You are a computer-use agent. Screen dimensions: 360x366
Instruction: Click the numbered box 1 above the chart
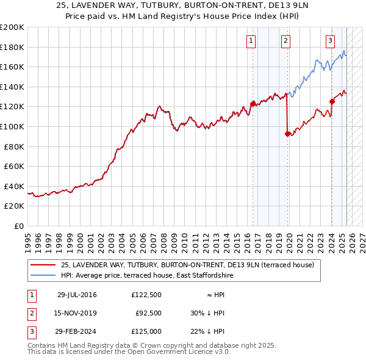click(251, 41)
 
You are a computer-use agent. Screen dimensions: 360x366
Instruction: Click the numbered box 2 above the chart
click(285, 41)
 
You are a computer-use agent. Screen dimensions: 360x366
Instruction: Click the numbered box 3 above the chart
click(330, 41)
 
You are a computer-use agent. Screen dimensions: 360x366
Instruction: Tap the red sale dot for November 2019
click(287, 134)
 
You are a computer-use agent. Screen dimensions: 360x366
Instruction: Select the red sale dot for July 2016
click(253, 104)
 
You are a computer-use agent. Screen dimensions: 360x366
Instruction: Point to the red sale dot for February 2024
click(332, 101)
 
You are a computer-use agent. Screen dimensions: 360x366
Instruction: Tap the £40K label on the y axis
click(15, 186)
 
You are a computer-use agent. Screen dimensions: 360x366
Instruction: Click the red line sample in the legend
click(43, 265)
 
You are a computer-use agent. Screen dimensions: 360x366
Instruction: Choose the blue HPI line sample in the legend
click(43, 275)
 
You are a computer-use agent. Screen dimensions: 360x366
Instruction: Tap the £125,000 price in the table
click(146, 331)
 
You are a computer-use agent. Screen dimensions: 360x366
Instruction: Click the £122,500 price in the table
click(146, 295)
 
